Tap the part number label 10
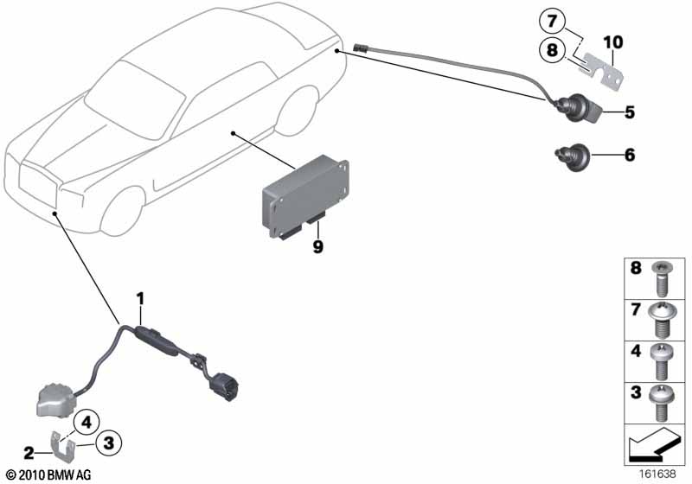pos(613,42)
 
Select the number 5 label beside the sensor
pos(630,112)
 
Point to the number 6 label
pos(630,155)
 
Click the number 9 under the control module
pos(317,246)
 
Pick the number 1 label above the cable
pos(140,299)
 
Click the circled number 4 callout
pos(86,423)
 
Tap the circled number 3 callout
pos(109,443)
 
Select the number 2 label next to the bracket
pos(29,453)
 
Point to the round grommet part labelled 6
pos(572,157)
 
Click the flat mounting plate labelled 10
pos(602,72)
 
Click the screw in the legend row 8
pos(662,278)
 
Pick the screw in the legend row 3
pos(662,403)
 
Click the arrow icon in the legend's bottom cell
pos(655,444)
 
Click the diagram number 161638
pos(657,474)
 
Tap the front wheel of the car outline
pos(122,211)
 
